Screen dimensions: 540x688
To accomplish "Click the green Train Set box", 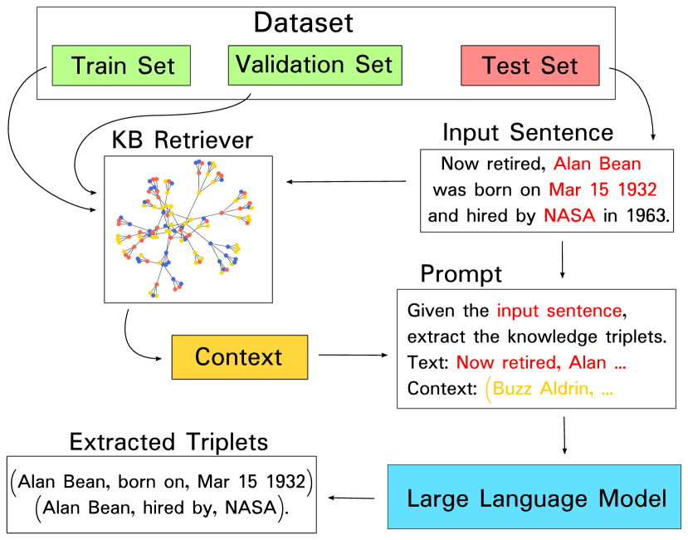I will tap(121, 66).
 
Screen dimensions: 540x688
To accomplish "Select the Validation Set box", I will tap(315, 65).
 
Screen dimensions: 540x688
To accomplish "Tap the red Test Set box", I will tap(529, 66).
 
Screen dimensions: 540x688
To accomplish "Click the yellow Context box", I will tap(239, 357).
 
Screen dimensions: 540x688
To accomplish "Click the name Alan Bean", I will tap(597, 164).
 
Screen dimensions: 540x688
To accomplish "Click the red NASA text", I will tap(569, 216).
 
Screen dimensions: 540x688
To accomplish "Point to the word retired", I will tap(533, 363).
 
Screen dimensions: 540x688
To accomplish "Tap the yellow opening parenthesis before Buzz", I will tap(488, 390).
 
